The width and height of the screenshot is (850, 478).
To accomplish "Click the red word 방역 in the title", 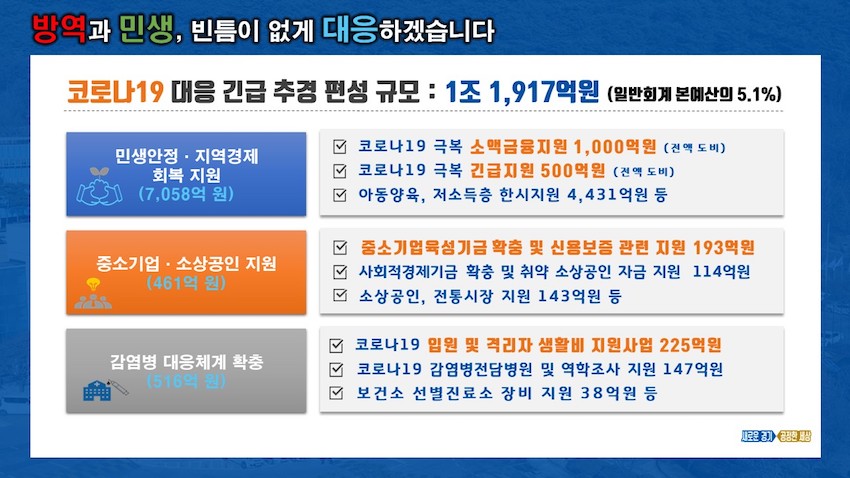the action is pyautogui.click(x=59, y=29).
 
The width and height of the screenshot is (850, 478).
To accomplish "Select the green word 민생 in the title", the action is pyautogui.click(x=146, y=29).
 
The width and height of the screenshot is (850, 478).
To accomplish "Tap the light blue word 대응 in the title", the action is pyautogui.click(x=350, y=29).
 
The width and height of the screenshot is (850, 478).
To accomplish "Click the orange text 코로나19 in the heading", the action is pyautogui.click(x=115, y=91).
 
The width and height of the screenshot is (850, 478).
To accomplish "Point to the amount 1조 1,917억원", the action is pyautogui.click(x=523, y=91).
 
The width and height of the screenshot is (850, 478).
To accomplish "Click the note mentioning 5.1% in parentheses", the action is pyautogui.click(x=694, y=94).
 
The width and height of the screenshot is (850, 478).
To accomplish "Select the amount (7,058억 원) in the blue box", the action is pyautogui.click(x=186, y=193).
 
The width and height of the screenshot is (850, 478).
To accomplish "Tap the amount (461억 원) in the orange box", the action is pyautogui.click(x=186, y=282).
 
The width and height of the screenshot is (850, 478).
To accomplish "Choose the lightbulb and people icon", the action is pyautogui.click(x=93, y=293).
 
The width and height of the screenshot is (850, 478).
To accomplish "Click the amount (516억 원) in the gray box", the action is pyautogui.click(x=186, y=381).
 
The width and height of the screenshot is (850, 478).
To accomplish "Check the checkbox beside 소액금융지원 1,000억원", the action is pyautogui.click(x=340, y=147).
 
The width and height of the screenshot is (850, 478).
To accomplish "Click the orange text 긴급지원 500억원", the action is pyautogui.click(x=537, y=171).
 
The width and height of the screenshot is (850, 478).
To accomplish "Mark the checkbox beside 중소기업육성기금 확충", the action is pyautogui.click(x=340, y=248).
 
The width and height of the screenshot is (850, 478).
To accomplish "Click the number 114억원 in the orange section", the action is pyautogui.click(x=721, y=272).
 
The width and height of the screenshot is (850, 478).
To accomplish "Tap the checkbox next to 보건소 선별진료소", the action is pyautogui.click(x=336, y=393).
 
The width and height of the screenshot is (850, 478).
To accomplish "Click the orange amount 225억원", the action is pyautogui.click(x=690, y=345).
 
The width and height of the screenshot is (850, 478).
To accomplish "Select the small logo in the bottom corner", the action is pyautogui.click(x=776, y=436).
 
